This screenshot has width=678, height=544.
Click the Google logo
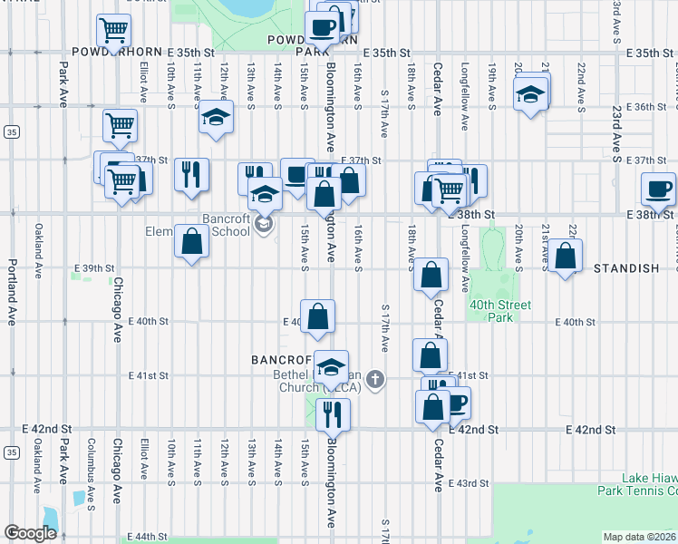[30, 533]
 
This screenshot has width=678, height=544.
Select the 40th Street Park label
[500, 311]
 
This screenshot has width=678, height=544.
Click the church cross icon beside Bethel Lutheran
[374, 380]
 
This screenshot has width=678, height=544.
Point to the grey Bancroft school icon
[264, 223]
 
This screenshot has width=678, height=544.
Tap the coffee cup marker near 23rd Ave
[658, 189]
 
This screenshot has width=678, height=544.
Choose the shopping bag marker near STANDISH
[566, 257]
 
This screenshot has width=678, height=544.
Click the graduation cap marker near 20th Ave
[530, 93]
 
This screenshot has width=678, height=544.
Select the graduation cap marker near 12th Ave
[215, 118]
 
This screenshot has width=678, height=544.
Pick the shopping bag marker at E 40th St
[318, 317]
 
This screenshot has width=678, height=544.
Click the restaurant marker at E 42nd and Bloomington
[333, 413]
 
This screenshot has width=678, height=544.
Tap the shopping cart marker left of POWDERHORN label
[113, 31]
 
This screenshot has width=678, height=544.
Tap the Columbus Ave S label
[90, 462]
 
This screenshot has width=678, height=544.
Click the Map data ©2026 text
[639, 537]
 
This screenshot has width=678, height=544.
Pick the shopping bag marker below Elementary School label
[191, 242]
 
